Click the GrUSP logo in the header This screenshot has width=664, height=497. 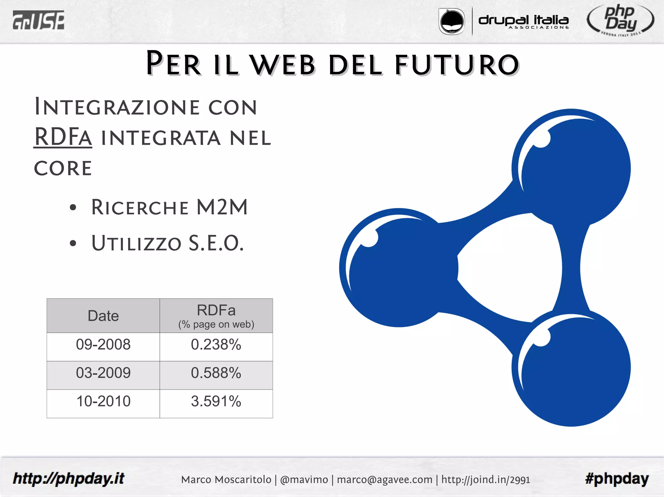(38, 20)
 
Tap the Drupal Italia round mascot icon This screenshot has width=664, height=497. (451, 21)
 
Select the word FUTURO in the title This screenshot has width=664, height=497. (457, 64)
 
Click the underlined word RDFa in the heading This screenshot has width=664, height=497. (63, 137)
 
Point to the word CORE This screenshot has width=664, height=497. (63, 168)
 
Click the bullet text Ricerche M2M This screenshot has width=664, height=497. (169, 207)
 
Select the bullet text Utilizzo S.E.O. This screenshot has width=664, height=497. (167, 243)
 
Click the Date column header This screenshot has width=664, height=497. (103, 316)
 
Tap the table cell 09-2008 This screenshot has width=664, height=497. (103, 345)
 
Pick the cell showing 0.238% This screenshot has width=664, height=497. (216, 345)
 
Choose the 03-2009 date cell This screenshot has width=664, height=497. (103, 373)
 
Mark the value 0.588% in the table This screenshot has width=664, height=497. (216, 373)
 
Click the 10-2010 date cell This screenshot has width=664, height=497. (103, 401)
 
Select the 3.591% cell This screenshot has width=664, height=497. (216, 401)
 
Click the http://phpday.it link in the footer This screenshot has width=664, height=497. (68, 479)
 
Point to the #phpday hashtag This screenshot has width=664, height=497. (617, 479)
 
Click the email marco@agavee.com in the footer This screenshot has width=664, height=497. (385, 480)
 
